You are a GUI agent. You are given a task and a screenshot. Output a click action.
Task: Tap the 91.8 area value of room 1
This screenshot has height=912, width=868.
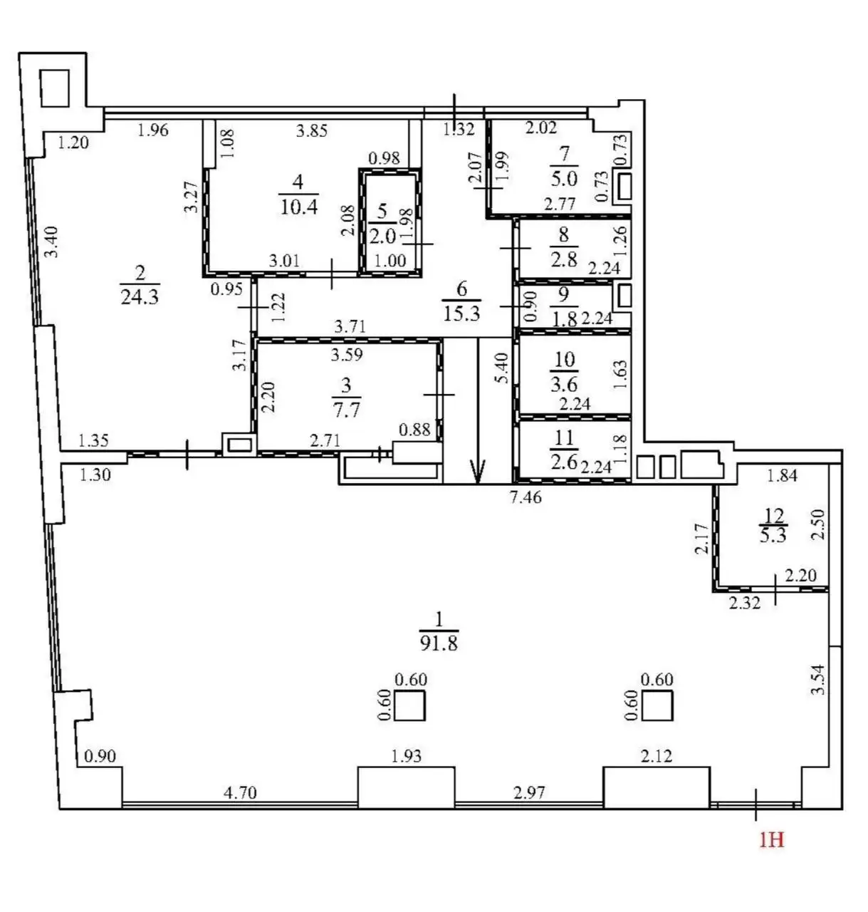[439, 644]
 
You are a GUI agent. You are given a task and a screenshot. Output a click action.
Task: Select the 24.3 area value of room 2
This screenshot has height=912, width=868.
[140, 296]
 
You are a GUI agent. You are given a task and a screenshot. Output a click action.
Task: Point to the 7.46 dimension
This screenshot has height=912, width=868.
[525, 497]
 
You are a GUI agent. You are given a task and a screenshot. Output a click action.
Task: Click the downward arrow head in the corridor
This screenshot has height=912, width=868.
[478, 472]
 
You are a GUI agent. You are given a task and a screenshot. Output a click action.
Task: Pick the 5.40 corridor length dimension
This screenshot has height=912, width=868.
[502, 368]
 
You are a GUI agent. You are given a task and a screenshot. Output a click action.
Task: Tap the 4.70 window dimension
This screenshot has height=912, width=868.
[240, 792]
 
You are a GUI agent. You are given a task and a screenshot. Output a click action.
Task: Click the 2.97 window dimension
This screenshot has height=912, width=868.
[529, 792]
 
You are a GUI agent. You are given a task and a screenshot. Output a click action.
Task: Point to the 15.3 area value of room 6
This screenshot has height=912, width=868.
[461, 313]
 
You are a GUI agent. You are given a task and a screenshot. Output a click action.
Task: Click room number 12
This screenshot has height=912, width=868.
[773, 515]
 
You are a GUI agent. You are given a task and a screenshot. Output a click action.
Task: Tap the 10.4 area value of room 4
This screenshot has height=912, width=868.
[299, 206]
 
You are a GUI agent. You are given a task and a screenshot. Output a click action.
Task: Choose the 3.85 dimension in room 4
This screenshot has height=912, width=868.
[312, 130]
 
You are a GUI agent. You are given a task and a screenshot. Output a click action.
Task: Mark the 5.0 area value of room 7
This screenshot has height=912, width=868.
[564, 178]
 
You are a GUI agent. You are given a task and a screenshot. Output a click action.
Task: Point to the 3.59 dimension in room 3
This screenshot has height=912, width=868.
[347, 355]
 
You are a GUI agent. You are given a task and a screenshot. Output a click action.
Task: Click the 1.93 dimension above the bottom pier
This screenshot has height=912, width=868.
[406, 756]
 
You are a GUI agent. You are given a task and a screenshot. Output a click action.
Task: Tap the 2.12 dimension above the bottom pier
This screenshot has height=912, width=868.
[657, 756]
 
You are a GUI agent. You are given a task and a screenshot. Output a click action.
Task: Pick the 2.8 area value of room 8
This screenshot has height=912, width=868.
[564, 260]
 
